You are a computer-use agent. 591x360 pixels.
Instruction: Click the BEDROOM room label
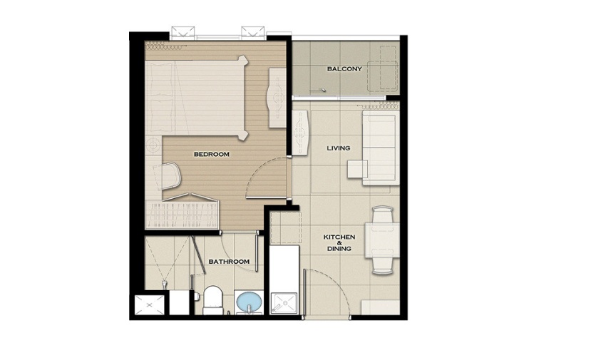(x=212, y=154)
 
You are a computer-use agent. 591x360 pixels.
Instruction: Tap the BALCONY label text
(x=344, y=69)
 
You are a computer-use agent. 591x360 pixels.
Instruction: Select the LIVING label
(x=339, y=148)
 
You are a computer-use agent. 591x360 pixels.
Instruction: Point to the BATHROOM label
(x=229, y=261)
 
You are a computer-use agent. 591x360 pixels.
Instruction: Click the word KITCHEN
(x=339, y=237)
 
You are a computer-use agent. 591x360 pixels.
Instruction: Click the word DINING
(x=339, y=249)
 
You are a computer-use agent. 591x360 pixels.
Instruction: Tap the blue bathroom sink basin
(x=249, y=302)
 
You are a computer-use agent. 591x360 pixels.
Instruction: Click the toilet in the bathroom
(x=213, y=300)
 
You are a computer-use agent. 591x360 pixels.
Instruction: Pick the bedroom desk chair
(x=171, y=176)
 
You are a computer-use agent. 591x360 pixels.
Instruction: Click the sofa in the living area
(x=381, y=148)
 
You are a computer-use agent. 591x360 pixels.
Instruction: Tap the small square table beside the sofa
(x=357, y=169)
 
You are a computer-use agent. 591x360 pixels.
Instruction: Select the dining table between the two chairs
(x=382, y=240)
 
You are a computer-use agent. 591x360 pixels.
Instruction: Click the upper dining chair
(x=382, y=215)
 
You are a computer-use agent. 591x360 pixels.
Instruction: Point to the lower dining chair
(x=382, y=265)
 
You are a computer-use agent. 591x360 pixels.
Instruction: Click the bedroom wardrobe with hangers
(x=182, y=213)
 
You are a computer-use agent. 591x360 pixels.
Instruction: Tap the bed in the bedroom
(x=197, y=98)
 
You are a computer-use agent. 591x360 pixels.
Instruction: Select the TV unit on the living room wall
(x=301, y=133)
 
